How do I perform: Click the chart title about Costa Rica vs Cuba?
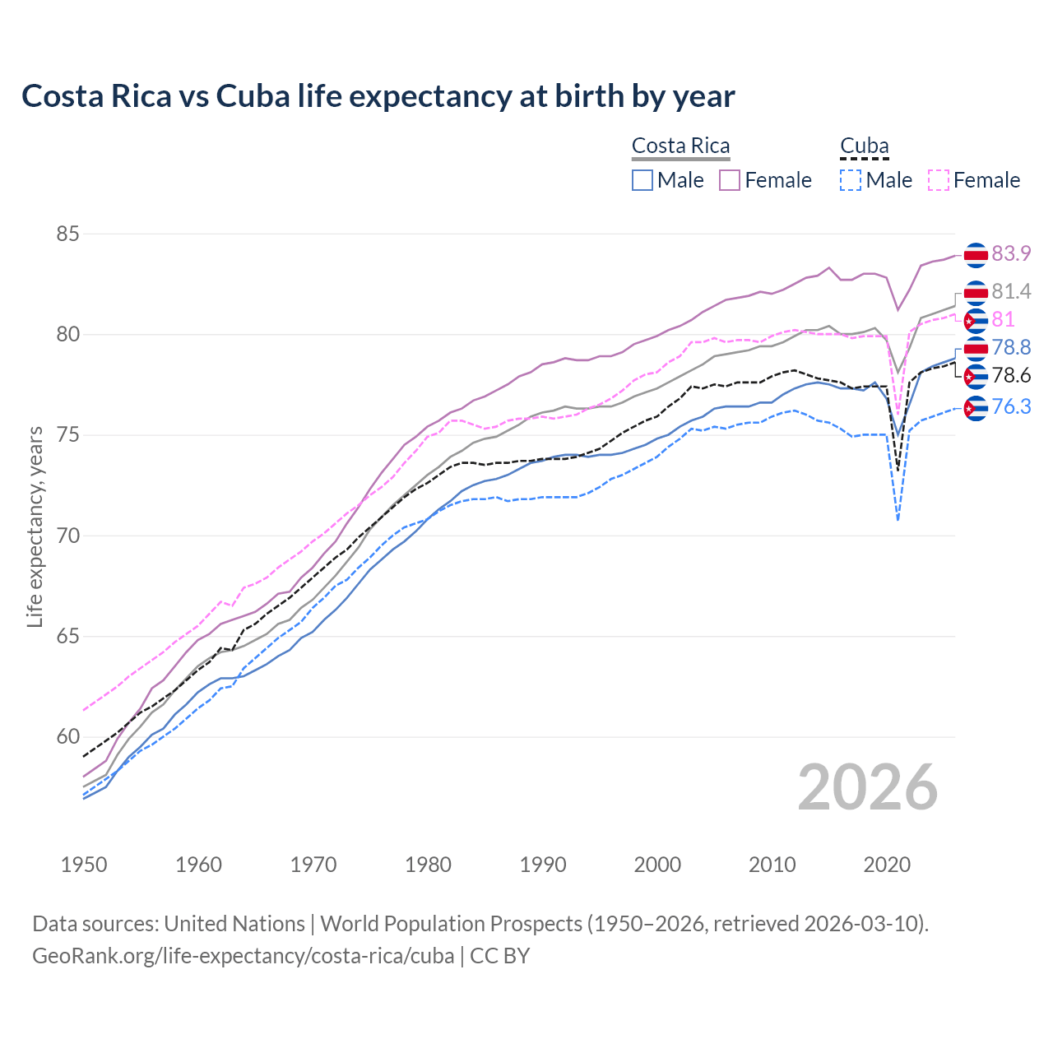point(378,96)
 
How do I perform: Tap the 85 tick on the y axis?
point(67,234)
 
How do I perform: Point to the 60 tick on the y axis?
point(67,737)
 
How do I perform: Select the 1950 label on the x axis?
point(84,865)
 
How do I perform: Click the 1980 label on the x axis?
point(428,865)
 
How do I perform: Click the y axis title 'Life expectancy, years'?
point(35,526)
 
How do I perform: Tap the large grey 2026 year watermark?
point(867,787)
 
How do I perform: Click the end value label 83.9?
point(1011,254)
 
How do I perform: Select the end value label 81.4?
point(1011,292)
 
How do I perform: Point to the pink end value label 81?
point(1003,320)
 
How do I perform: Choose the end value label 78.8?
point(1011,348)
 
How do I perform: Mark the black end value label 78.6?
point(1011,376)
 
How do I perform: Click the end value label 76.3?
point(1011,407)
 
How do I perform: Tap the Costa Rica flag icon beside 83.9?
point(976,255)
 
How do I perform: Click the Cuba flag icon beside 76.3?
point(976,408)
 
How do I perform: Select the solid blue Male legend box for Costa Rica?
point(642,180)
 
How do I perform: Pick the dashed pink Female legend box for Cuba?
point(939,180)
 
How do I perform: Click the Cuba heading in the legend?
point(864,146)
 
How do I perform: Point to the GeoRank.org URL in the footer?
point(243,956)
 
